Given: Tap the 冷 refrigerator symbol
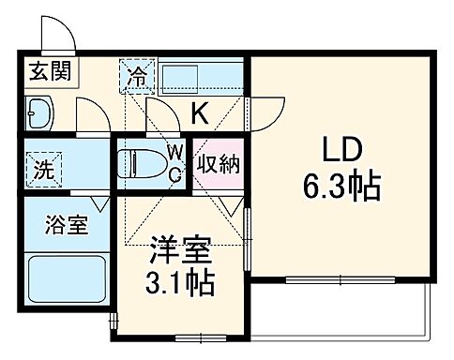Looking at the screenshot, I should click(x=138, y=75).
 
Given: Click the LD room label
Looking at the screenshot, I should click(x=341, y=153).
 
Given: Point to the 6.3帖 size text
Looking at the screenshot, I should click(x=340, y=187).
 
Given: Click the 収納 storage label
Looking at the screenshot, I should click(x=218, y=164).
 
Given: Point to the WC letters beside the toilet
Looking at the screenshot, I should click(x=174, y=161).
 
